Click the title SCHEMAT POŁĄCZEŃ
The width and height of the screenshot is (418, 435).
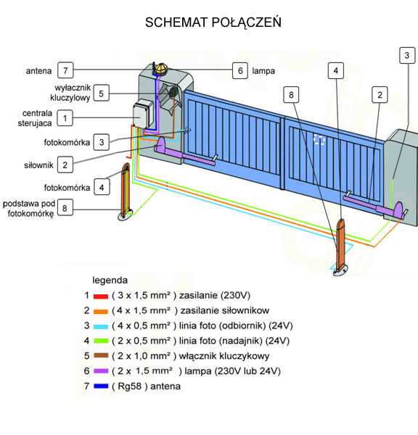[213, 22]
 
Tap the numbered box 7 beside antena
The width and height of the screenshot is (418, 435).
[65, 70]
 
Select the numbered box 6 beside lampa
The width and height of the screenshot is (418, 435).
[240, 70]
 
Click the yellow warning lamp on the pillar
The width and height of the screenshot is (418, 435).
[161, 69]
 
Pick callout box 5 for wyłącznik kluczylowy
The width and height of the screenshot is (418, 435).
[101, 93]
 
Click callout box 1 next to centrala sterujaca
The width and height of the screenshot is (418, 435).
[65, 118]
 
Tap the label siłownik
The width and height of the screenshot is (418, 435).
[38, 165]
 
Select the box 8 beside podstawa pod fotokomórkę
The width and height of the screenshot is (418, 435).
[65, 207]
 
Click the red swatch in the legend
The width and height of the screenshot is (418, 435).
[101, 297]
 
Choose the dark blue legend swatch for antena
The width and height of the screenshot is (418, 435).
[101, 386]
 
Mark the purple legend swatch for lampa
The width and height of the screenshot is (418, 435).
[101, 371]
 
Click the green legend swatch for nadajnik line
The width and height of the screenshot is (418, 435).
[101, 341]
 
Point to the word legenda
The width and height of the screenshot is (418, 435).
[110, 280]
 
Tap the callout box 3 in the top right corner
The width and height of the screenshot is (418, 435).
[407, 55]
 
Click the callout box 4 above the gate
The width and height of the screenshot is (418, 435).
[336, 70]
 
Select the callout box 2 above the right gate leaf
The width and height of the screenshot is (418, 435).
[380, 94]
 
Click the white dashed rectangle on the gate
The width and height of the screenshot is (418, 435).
[319, 139]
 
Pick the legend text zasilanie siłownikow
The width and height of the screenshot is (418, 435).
[225, 310]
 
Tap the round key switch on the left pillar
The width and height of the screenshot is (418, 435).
[173, 91]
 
